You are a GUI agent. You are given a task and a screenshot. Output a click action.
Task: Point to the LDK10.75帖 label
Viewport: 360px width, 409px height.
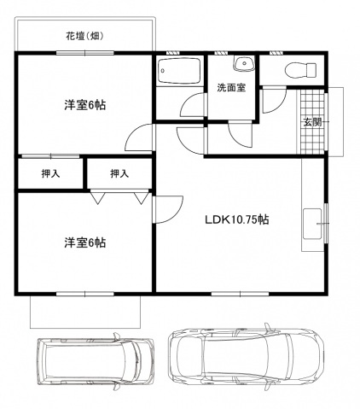pos(236,219)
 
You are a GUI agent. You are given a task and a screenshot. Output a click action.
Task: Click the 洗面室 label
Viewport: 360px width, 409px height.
pos(231,87)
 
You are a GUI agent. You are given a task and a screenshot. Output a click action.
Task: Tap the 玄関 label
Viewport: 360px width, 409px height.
pos(312,121)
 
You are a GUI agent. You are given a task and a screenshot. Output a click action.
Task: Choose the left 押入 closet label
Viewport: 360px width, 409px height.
pos(50,174)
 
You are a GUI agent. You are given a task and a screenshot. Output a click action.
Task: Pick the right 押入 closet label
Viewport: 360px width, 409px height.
pos(119,174)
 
